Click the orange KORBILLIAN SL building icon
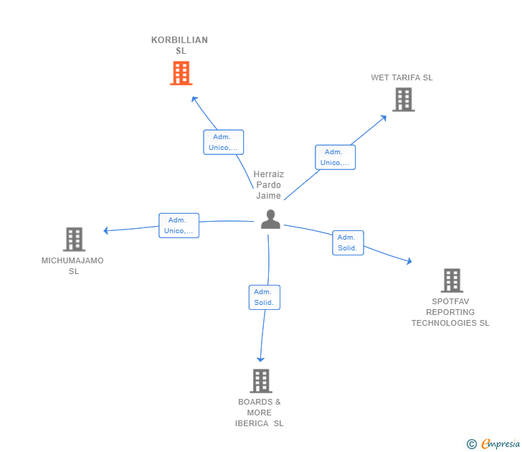181,73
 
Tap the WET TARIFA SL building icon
404,100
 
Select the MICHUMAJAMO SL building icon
74,240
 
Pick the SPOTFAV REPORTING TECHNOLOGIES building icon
451,281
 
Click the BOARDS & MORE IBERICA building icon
261,381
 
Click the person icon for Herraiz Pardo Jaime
270,220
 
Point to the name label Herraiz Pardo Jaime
269,185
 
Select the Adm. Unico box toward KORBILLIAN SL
223,142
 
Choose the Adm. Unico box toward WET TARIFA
335,157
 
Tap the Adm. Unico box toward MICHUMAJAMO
179,225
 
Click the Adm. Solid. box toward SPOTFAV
348,243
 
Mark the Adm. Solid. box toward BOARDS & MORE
264,297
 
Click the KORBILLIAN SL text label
179,45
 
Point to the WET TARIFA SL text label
402,77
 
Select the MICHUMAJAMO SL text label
72,265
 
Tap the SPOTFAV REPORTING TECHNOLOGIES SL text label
450,312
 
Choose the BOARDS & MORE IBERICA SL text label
260,413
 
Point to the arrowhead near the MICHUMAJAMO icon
105,230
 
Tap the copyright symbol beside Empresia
472,444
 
